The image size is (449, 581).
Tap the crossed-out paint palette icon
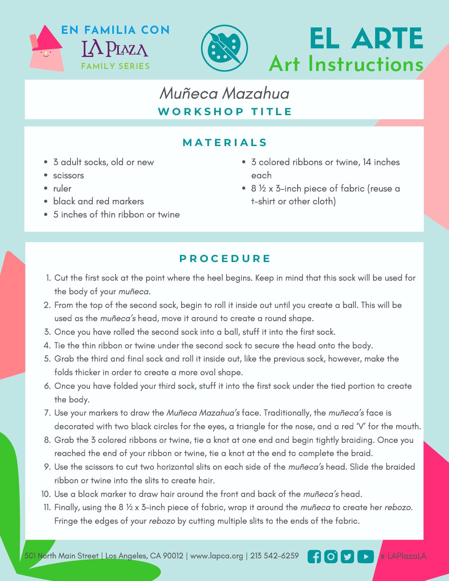pyautogui.click(x=224, y=48)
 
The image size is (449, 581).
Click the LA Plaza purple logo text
pyautogui.click(x=115, y=49)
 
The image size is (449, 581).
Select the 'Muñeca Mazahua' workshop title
pyautogui.click(x=224, y=93)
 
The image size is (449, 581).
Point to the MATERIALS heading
pyautogui.click(x=225, y=143)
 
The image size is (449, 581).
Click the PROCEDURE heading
pyautogui.click(x=225, y=259)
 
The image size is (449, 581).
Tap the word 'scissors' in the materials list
pyautogui.click(x=69, y=175)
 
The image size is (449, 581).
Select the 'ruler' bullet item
pyautogui.click(x=62, y=189)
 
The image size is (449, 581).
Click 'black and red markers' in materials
pyautogui.click(x=99, y=201)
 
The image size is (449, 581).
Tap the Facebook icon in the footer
pyautogui.click(x=314, y=557)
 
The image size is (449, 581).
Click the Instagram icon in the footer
pyautogui.click(x=331, y=557)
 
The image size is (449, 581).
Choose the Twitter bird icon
pyautogui.click(x=347, y=557)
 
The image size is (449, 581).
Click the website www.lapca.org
pyautogui.click(x=217, y=556)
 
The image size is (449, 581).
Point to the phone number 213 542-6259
pyautogui.click(x=274, y=556)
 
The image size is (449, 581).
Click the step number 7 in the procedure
pyautogui.click(x=47, y=413)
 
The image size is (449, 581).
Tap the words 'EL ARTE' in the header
pyautogui.click(x=366, y=39)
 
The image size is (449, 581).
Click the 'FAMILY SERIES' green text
pyautogui.click(x=116, y=66)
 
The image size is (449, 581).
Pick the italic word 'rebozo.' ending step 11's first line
pyautogui.click(x=399, y=508)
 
